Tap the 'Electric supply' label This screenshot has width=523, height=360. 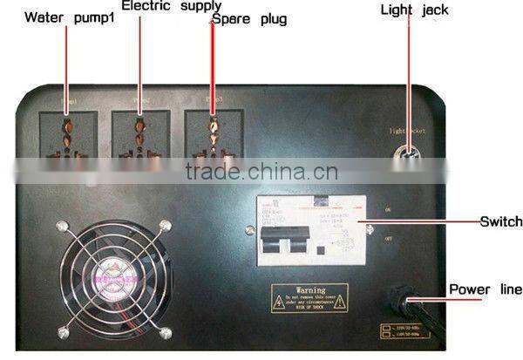coord(171,7)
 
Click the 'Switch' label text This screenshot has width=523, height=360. coord(500,222)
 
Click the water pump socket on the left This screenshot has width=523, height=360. coord(66,137)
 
